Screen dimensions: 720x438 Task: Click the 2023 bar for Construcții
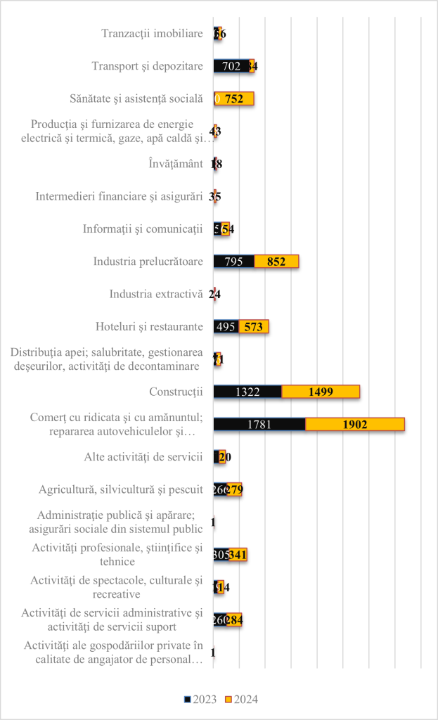click(247, 392)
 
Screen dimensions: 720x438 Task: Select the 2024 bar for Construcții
click(321, 392)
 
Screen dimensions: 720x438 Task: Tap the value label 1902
click(354, 424)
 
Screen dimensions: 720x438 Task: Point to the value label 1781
click(259, 424)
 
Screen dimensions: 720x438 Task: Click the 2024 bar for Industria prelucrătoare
click(276, 262)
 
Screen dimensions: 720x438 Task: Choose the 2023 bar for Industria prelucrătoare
click(234, 262)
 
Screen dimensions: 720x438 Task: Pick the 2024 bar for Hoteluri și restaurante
click(253, 326)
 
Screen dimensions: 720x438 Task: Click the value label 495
click(226, 326)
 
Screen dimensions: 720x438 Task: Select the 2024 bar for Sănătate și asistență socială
click(236, 99)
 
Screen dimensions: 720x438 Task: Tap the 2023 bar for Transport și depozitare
click(231, 66)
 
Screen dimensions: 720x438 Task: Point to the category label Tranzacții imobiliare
click(152, 34)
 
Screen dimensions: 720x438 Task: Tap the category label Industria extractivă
click(156, 294)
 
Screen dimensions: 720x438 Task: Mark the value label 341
click(238, 554)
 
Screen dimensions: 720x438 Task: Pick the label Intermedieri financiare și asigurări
click(119, 196)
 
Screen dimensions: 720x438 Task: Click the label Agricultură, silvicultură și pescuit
click(120, 489)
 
